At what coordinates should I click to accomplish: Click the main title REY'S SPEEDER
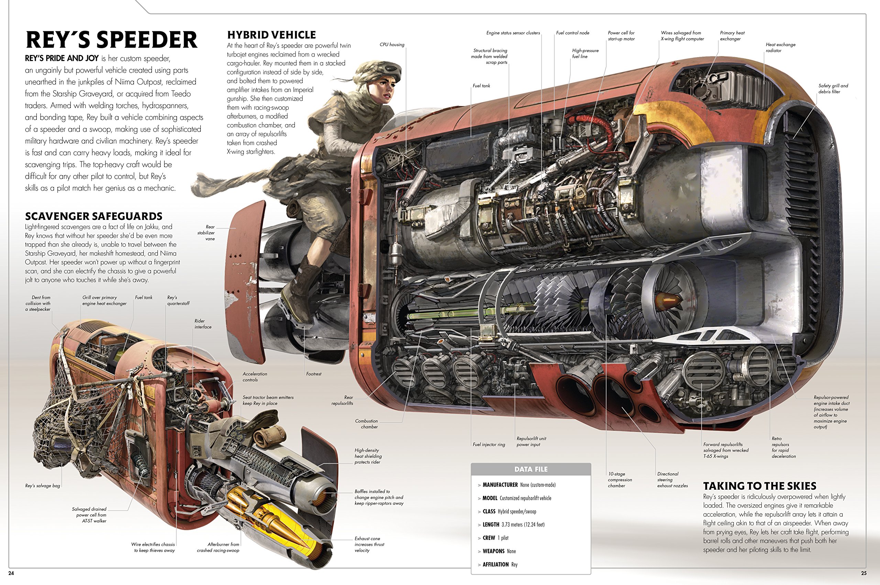point(111,40)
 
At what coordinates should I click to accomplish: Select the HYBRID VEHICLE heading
point(271,35)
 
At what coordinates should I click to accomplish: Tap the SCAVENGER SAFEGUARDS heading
point(93,216)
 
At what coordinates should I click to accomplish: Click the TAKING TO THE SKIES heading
point(759,486)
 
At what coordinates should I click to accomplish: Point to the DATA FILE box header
point(531,469)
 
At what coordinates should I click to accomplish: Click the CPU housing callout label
point(392,45)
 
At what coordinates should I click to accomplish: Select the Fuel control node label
point(572,33)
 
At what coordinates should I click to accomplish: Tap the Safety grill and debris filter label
point(833,89)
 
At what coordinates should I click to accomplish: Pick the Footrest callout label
point(313,374)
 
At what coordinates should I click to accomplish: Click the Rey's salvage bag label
point(43,486)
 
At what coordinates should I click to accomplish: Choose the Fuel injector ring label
point(488,445)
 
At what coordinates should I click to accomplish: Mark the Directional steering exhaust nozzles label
point(672,480)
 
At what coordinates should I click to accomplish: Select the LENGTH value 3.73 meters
point(522,524)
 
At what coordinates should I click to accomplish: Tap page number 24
point(11,573)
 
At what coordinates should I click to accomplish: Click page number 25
point(863,573)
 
